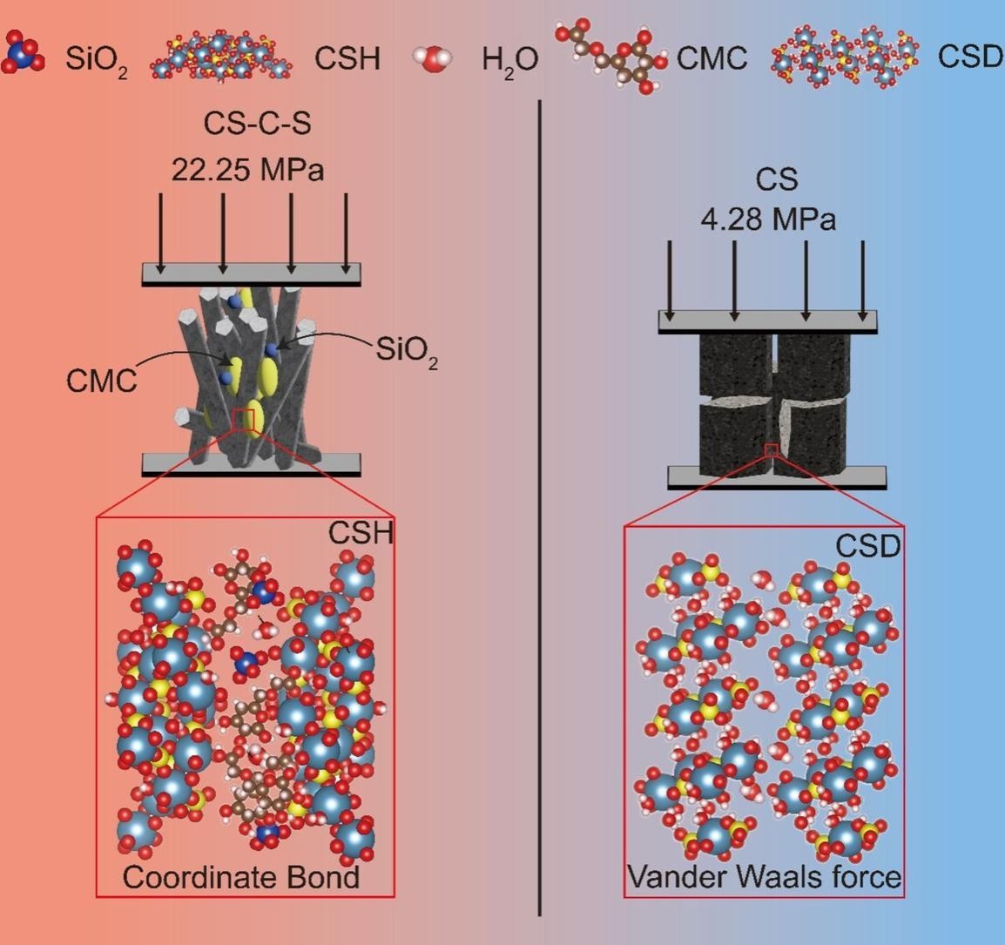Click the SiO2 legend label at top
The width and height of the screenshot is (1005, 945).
96,60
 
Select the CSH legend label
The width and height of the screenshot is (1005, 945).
347,58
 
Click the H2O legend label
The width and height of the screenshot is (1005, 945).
510,60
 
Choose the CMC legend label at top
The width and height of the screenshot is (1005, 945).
712,58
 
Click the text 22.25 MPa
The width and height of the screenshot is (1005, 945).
247,169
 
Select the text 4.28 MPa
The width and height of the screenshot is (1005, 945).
768,219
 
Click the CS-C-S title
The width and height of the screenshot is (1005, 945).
257,125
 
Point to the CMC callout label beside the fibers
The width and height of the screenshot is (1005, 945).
101,381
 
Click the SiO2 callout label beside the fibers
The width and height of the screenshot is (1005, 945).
407,350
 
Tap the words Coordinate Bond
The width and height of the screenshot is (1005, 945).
241,876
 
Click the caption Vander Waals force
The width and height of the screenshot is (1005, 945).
765,875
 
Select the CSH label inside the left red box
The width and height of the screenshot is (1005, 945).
361,533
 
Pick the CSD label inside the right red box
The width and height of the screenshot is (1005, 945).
867,546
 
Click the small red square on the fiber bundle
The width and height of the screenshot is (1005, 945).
243,419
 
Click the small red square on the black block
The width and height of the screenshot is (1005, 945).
771,449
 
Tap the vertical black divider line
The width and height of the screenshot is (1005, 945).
540,505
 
